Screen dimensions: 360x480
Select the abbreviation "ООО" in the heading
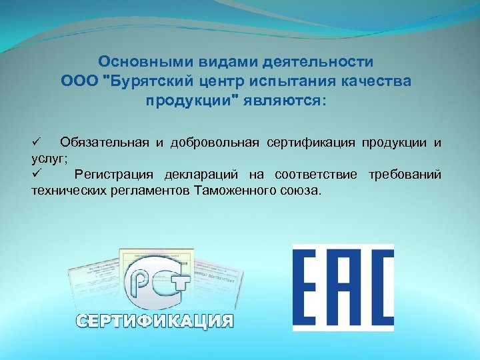[79, 82]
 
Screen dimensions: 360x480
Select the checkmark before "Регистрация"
[37, 174]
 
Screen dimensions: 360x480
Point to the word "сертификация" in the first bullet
[311, 143]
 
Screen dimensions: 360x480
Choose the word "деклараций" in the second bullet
[209, 175]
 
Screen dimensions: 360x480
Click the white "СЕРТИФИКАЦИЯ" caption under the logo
[155, 321]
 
